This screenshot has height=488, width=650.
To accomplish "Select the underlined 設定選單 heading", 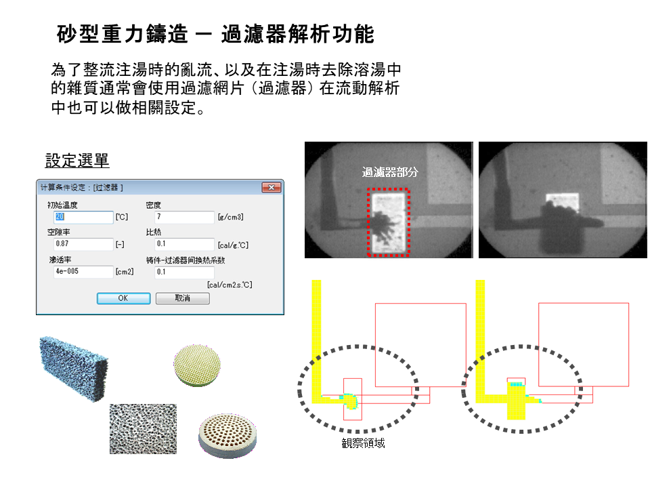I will coord(77,161).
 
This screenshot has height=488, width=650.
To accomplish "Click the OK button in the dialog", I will coord(123,298).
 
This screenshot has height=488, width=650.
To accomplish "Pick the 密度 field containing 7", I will coord(183,217).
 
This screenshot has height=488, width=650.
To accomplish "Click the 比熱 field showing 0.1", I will coord(183,244).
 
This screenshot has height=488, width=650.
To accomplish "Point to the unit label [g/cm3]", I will coord(230,218).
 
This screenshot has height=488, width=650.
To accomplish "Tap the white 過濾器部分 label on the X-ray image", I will coord(390,172).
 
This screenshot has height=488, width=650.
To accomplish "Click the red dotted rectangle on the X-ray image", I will coord(389,190).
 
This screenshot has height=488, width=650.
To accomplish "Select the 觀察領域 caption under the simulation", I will coord(364,443).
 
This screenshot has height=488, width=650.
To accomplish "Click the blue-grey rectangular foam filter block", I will coord(72,369).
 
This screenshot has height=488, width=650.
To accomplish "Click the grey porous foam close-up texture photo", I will coord(143,428).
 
